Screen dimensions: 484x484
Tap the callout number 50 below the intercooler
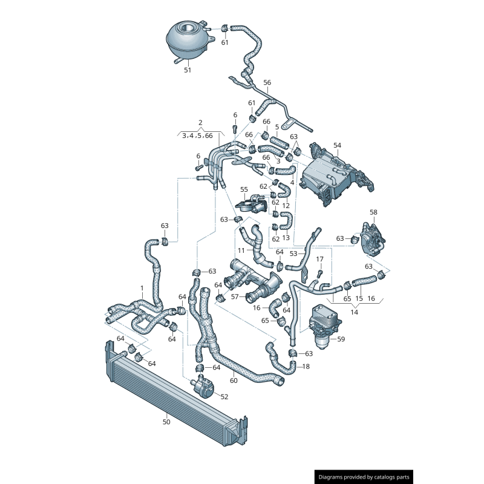tap(166, 422)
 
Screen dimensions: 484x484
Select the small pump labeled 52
tap(204, 385)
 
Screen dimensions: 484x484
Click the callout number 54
tap(337, 146)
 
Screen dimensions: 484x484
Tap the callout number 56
tap(267, 82)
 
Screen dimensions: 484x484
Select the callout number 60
tap(234, 381)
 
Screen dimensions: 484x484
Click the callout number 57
tap(235, 297)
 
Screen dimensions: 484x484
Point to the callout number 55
tap(244, 189)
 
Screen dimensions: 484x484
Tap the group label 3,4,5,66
tap(197, 136)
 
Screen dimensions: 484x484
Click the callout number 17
tap(320, 259)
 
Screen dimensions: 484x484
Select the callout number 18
tap(306, 367)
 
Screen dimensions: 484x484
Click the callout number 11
tap(241, 250)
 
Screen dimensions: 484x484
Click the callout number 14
tap(355, 313)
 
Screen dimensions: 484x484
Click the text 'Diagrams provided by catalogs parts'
tap(364, 477)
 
